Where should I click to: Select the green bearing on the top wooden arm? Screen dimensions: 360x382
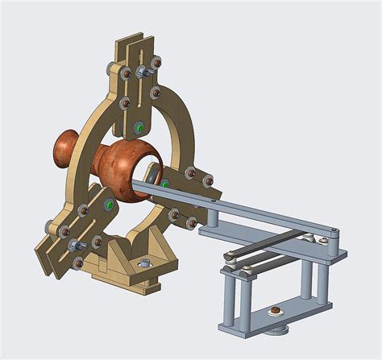(x=140, y=127)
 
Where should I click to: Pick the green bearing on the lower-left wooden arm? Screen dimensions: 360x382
(x=107, y=205)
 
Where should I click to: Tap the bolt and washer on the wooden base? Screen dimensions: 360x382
(x=145, y=263)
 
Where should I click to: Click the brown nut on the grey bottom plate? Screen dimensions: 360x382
(x=275, y=308)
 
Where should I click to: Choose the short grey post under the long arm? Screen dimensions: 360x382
(x=212, y=218)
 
